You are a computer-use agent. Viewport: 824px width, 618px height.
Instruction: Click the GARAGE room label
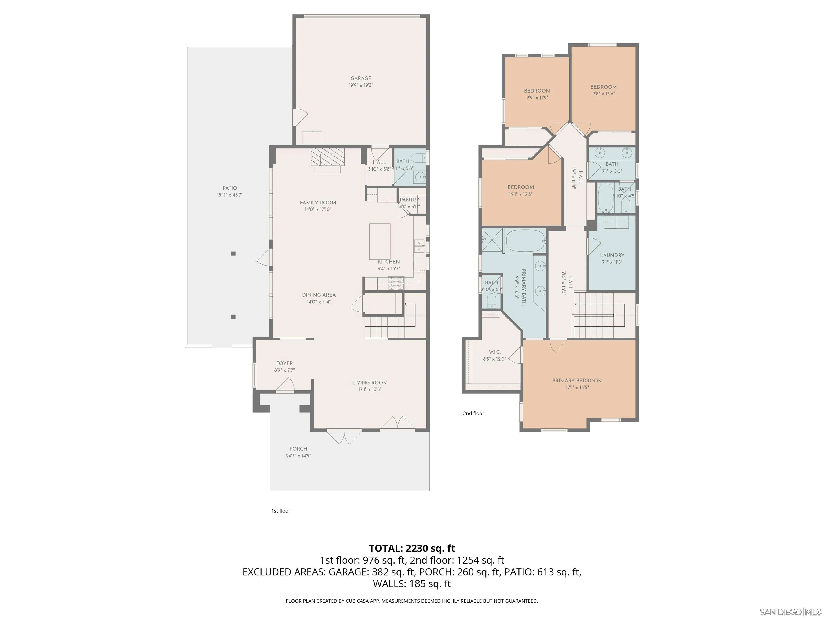360,78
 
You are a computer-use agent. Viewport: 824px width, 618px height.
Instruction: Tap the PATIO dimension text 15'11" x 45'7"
230,195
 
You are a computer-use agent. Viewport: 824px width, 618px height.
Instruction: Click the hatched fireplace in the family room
328,157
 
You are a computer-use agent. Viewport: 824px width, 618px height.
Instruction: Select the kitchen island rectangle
380,241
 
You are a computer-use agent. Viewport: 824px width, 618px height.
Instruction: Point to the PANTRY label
409,200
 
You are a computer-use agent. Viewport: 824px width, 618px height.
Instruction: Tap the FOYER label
284,363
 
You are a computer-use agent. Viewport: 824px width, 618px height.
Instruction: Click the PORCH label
298,449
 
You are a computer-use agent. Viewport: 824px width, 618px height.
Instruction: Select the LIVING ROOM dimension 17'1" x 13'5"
370,389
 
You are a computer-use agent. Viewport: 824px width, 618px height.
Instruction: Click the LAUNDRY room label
612,255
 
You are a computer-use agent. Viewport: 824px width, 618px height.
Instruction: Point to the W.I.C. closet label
494,352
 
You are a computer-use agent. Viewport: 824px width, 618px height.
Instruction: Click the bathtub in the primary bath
524,241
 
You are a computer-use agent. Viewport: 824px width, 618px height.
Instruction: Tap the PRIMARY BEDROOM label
577,380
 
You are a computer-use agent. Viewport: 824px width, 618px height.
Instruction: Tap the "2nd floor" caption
473,413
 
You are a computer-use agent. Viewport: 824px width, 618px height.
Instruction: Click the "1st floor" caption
281,511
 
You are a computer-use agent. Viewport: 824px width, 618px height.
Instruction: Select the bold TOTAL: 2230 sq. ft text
412,548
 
